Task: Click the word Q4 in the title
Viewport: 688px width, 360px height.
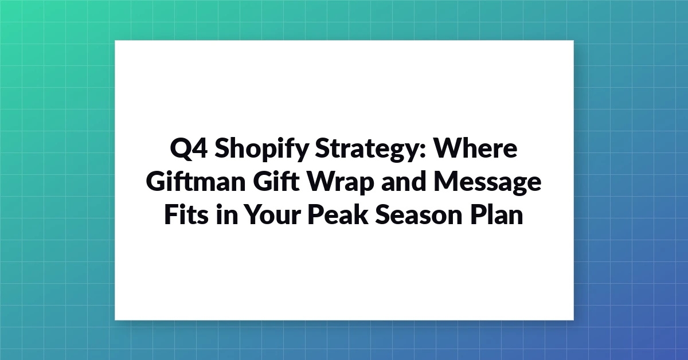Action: point(189,148)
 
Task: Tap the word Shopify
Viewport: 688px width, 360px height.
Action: point(261,149)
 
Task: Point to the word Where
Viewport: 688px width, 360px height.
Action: point(475,148)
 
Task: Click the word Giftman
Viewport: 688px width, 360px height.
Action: point(196,181)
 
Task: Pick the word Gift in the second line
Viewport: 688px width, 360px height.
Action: point(276,181)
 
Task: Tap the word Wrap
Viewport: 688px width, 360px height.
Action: point(341,182)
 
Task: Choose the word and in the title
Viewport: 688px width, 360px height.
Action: point(404,181)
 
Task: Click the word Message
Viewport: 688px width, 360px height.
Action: point(487,183)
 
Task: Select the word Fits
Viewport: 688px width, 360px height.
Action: point(186,214)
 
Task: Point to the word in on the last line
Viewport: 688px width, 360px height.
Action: point(227,214)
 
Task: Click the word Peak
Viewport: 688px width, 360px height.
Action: point(338,214)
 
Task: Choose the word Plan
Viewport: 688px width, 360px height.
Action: point(497,214)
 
